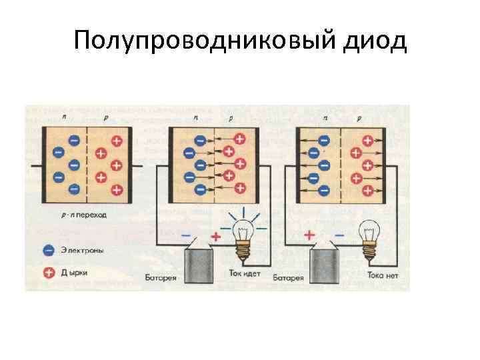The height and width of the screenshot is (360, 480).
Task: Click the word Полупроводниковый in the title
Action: [x=202, y=41]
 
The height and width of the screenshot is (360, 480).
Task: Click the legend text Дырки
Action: [x=77, y=273]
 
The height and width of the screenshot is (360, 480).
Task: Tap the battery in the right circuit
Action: [x=327, y=263]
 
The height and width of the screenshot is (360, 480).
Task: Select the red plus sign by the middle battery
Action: [x=215, y=235]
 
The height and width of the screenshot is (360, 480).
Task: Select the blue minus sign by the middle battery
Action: [x=185, y=235]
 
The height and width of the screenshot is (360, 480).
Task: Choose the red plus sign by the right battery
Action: [x=309, y=235]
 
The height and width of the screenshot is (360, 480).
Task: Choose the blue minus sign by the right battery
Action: [x=339, y=235]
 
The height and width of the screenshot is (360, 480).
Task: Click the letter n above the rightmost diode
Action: [x=325, y=117]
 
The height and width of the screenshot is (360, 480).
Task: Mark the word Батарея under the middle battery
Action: [x=161, y=276]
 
